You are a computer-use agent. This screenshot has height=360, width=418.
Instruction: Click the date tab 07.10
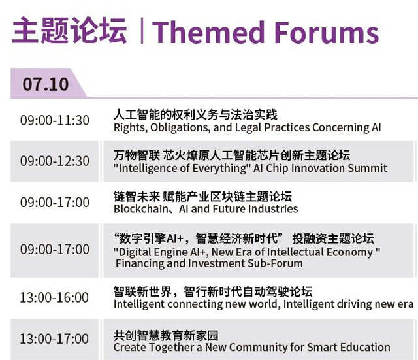pyautogui.click(x=46, y=84)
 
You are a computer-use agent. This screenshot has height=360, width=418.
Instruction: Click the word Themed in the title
pyautogui.click(x=208, y=32)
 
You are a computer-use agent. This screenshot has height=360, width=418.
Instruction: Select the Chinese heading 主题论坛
pyautogui.click(x=69, y=30)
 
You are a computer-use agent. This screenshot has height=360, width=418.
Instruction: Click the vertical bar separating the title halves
pyautogui.click(x=142, y=31)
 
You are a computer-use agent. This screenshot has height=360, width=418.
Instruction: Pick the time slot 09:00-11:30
pyautogui.click(x=55, y=120)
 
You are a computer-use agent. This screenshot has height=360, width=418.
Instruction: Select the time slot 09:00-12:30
pyautogui.click(x=55, y=161)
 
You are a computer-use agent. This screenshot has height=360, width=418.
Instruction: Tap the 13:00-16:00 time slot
pyautogui.click(x=54, y=297)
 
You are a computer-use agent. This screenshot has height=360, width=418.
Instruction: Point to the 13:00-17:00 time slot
pyautogui.click(x=54, y=338)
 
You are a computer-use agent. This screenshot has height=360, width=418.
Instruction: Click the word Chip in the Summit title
pyautogui.click(x=277, y=169)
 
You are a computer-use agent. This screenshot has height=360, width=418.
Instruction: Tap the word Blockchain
pyautogui.click(x=141, y=209)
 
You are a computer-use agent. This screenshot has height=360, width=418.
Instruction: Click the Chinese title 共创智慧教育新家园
pyautogui.click(x=166, y=335)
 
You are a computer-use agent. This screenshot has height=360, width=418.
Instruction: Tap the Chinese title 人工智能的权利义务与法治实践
pyautogui.click(x=195, y=115)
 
